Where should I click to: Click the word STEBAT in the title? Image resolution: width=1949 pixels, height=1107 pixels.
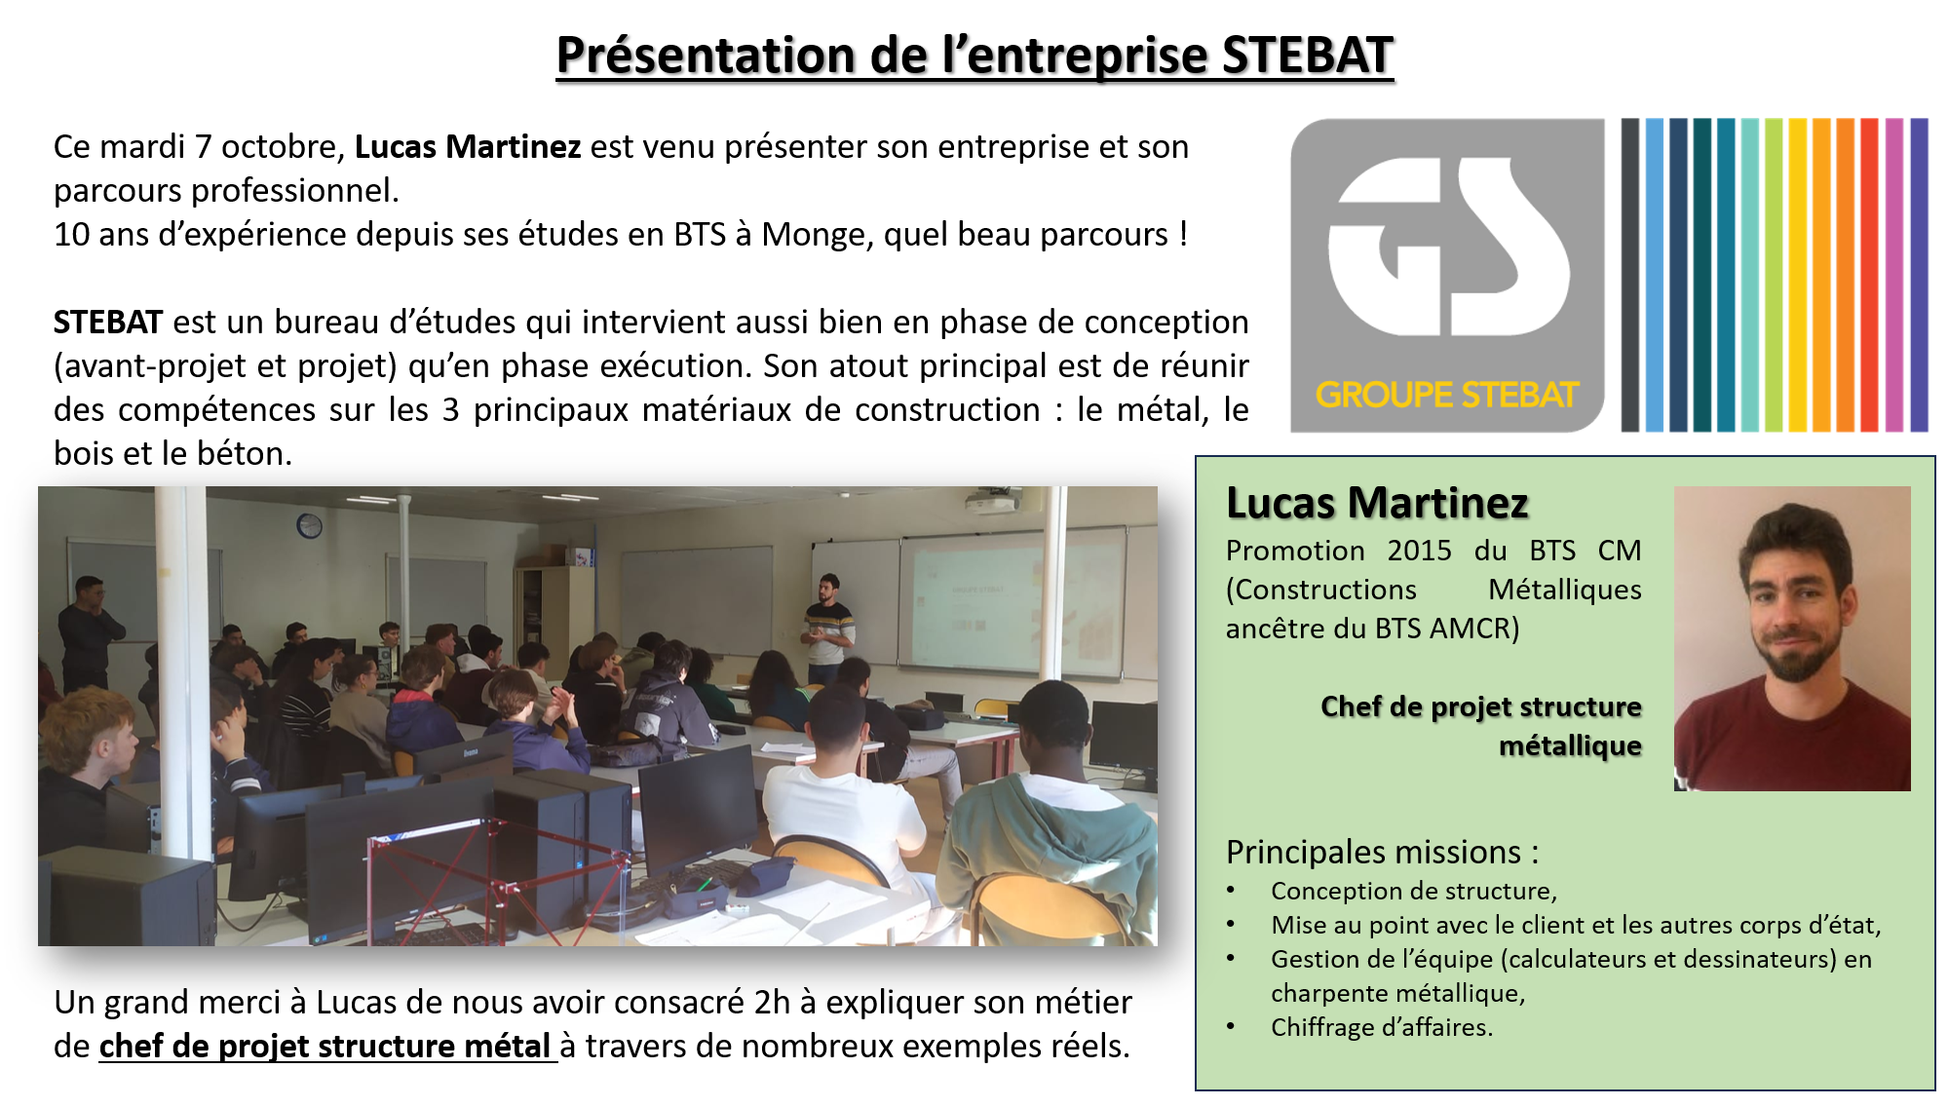point(1307,55)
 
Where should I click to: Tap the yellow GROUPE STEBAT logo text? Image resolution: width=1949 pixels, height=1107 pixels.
point(1446,395)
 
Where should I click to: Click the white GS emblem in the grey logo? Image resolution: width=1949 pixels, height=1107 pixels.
point(1448,247)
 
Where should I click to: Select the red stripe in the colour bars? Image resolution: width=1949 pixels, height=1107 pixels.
point(1869,275)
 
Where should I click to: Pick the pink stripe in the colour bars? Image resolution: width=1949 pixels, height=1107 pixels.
point(1893,275)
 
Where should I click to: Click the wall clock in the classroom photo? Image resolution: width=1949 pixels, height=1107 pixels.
point(309,526)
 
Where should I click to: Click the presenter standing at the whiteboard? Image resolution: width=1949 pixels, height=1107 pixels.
point(828,629)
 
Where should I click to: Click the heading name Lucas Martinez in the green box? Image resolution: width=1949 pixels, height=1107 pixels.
point(1377,503)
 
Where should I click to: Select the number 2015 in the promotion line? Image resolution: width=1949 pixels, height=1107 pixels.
point(1419,551)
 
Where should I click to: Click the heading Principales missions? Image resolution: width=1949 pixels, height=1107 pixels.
point(1382,852)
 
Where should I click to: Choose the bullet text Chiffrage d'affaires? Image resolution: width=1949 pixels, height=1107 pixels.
point(1381,1027)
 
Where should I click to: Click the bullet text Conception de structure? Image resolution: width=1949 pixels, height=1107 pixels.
point(1414,891)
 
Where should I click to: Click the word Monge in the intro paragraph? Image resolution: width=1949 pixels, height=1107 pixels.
point(814,235)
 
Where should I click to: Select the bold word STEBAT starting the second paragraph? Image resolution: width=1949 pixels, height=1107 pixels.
point(108,322)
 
